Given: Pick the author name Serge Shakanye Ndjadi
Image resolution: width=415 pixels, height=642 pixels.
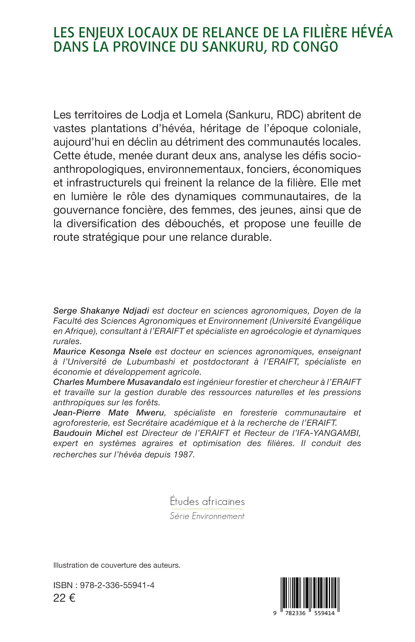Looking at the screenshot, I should tap(101, 311).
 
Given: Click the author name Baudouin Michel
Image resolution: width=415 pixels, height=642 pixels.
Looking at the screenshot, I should tap(88, 433).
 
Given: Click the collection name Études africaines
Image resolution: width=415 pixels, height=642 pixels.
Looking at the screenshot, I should tap(207, 502).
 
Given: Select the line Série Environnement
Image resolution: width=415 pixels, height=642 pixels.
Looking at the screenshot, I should tap(207, 516).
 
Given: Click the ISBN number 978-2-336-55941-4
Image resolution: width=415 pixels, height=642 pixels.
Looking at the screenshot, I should tap(117, 585).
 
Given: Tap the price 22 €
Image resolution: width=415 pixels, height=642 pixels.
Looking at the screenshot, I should tap(64, 598).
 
